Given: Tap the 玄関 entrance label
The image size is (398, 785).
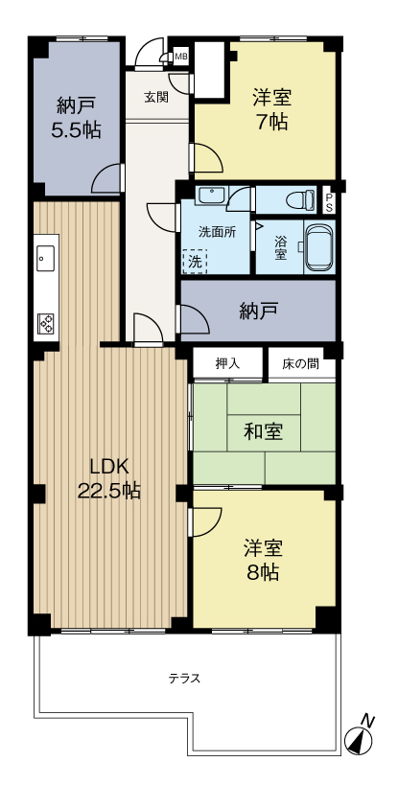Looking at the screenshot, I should pos(156,97).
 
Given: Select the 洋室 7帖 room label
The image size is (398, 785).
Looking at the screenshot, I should pos(272,109).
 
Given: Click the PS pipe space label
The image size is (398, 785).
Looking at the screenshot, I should pos(330,202).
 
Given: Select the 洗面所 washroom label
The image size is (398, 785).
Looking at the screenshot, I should pos(216,232).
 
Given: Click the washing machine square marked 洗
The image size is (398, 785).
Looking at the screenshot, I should pos(195,261).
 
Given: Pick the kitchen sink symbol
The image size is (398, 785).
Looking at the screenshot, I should pos(45,257).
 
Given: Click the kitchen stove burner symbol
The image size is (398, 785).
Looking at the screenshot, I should pos(45,324).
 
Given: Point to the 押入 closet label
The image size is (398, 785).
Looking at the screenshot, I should pos(226,363).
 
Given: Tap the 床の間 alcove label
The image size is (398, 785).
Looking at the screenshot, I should pos(300,363).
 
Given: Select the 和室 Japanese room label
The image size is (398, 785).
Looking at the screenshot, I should pos(263,431).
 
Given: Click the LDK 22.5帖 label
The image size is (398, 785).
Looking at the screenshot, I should pos(109,478).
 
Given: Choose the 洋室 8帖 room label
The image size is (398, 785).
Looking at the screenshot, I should pos(261,560).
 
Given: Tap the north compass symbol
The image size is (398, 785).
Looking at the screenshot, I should pos(359,739).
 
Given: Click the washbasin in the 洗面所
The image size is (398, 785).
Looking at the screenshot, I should pos(209,196).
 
